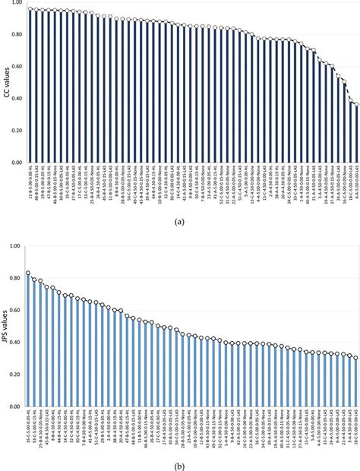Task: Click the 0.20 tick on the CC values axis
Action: pyautogui.click(x=17, y=131)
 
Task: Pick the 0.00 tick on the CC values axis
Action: pyautogui.click(x=17, y=163)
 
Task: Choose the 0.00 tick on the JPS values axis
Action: pyautogui.click(x=17, y=407)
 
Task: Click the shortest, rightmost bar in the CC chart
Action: pyautogui.click(x=356, y=134)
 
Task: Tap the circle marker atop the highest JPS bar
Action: pyautogui.click(x=28, y=273)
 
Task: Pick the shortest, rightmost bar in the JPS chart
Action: pyautogui.click(x=355, y=382)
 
